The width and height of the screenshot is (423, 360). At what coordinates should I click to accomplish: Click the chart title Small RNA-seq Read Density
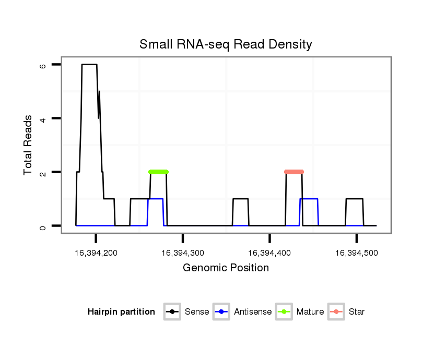(226, 44)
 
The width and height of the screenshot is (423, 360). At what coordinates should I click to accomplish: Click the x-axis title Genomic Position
(226, 268)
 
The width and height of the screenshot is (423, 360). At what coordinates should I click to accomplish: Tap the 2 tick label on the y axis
(43, 172)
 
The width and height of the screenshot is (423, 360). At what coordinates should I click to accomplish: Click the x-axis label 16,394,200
(96, 253)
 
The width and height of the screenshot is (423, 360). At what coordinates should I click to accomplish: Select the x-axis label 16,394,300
(183, 253)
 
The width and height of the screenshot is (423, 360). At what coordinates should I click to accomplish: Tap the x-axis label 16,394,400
(269, 253)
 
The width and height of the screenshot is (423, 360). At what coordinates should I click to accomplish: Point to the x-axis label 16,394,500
(356, 253)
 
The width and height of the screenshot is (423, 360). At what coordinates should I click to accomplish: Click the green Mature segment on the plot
(158, 172)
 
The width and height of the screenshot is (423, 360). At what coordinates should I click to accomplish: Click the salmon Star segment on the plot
(294, 172)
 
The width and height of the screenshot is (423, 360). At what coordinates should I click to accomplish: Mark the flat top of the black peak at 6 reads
(89, 65)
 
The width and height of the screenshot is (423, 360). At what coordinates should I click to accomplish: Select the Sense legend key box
(172, 312)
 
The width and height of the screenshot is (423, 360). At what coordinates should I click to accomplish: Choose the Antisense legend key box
(222, 312)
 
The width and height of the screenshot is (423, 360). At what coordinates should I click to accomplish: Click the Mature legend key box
(284, 312)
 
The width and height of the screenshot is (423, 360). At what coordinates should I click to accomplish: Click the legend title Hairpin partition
(121, 312)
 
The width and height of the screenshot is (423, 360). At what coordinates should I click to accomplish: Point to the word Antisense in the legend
(253, 312)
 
